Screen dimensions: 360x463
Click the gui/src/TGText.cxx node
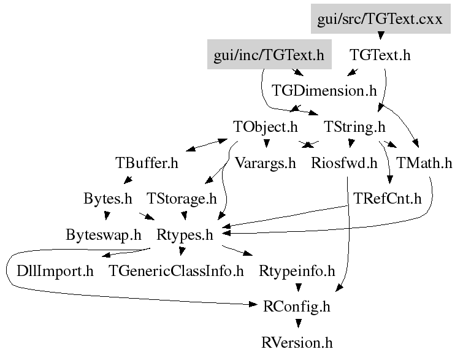pos(380,19)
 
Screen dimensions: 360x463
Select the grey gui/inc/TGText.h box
pos(269,55)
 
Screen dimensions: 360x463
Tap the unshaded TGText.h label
pos(380,55)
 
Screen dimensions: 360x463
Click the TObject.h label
pos(266,127)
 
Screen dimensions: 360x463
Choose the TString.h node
pos(354,127)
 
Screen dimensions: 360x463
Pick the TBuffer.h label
pos(147,163)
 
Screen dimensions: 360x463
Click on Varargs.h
pos(266,163)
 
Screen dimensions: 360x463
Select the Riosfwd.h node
pos(344,163)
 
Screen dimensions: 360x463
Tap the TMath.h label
pos(424,163)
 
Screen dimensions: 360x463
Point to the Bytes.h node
pos(107,199)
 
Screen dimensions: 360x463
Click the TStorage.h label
pos(182,199)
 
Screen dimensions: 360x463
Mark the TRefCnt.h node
pos(388,199)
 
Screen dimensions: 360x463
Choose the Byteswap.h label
pos(104,235)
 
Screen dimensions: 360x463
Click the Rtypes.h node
pos(185,235)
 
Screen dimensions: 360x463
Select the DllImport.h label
pos(55,270)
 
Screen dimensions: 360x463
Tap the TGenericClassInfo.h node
pos(177,270)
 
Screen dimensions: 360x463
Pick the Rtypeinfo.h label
pos(297,270)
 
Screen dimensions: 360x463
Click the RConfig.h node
pos(297,307)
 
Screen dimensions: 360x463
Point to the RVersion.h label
pos(297,342)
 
